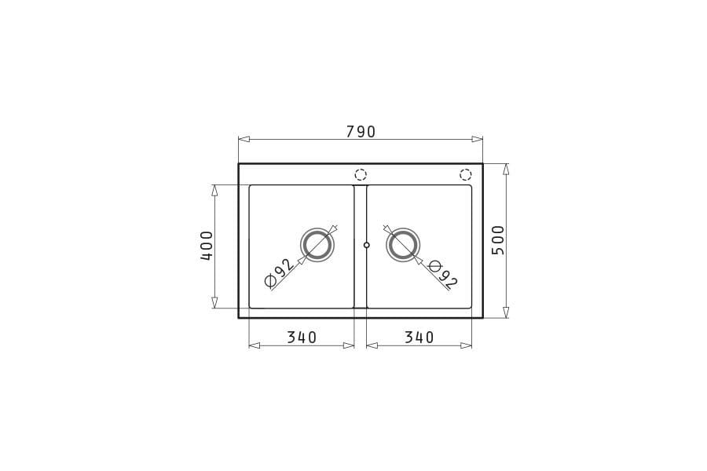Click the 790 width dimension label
point(361,132)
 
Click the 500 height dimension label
point(498,240)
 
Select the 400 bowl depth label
point(207,246)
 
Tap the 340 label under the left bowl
point(302,337)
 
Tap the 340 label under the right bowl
point(419,337)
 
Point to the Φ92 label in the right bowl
point(443,275)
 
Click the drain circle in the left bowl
point(317,245)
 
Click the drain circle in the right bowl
point(403,245)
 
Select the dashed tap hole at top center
point(361,174)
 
